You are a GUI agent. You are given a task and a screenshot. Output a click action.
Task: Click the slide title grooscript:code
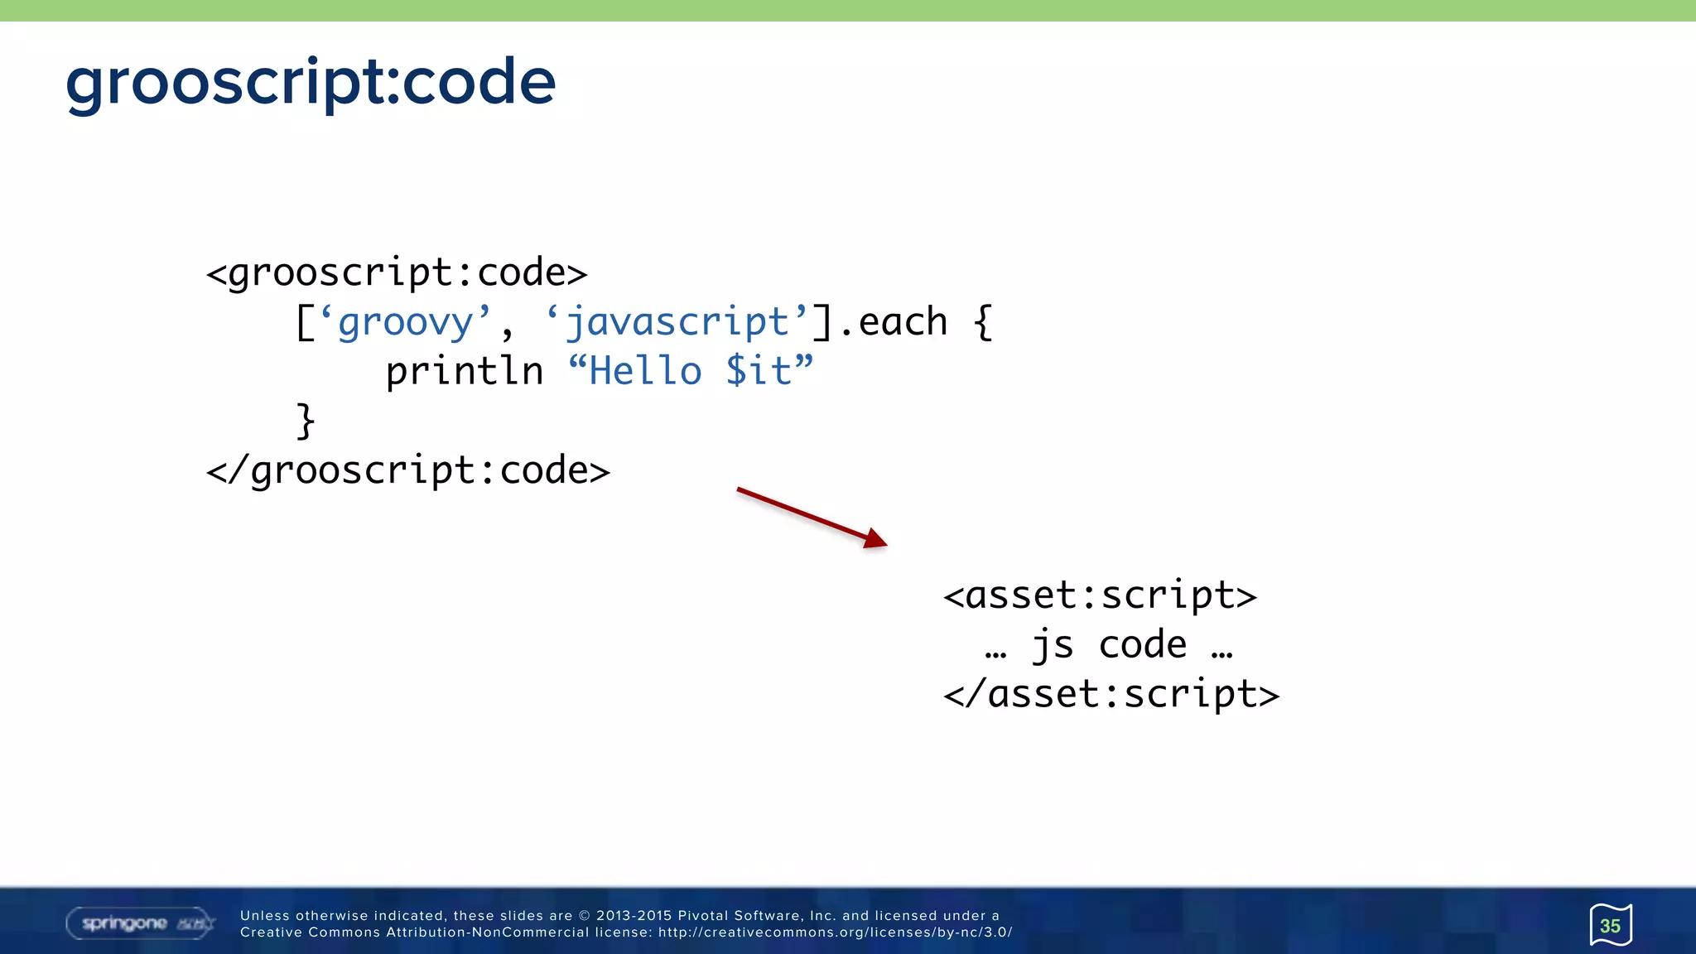pos(311,83)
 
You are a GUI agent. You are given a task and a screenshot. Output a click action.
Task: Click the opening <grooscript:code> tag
pos(397,273)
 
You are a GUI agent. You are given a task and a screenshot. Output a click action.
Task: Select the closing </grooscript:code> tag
pos(407,471)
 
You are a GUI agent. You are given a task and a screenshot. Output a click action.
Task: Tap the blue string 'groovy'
pos(405,322)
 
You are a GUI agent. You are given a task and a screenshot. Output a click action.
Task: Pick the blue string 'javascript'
pos(677,322)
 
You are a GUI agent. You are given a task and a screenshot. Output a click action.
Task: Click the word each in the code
pos(903,322)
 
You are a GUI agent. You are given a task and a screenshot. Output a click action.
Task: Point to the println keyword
pos(464,371)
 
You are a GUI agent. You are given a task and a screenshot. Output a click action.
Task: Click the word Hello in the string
pos(645,371)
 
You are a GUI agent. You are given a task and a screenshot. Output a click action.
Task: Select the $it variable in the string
pos(759,371)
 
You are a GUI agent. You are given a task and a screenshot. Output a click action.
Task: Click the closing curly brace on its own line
pos(306,421)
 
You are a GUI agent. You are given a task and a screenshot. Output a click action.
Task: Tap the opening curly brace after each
pos(983,322)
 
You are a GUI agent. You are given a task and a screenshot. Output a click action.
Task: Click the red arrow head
pos(876,541)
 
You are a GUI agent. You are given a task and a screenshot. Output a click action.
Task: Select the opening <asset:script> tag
pos(1100,595)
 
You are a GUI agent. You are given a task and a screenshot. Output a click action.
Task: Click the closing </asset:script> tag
pos(1111,694)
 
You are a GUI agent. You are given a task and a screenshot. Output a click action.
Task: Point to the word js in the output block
pos(1053,645)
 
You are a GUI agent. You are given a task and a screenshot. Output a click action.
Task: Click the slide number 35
pos(1610,926)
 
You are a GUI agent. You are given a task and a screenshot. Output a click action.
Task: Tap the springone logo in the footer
pos(140,923)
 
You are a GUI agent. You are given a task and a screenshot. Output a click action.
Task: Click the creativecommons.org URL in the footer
pos(835,932)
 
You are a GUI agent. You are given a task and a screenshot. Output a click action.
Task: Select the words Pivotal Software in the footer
pos(740,916)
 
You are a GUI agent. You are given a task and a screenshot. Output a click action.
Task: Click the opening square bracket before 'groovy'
pos(305,322)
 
